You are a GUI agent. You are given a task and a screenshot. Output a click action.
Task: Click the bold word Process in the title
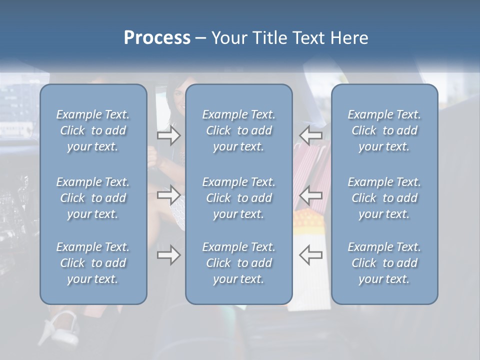(x=157, y=38)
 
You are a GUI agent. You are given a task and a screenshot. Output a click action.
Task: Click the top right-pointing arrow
(x=168, y=135)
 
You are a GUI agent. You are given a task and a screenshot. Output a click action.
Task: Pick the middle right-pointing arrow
(x=168, y=195)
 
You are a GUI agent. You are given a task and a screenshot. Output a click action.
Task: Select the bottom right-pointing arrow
(x=168, y=255)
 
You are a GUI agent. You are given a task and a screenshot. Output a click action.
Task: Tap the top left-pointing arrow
(x=310, y=135)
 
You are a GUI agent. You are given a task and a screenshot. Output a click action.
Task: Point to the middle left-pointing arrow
(x=310, y=195)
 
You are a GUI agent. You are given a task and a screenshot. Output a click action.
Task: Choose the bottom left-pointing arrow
(x=310, y=255)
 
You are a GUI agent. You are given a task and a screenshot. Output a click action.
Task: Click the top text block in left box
(x=93, y=130)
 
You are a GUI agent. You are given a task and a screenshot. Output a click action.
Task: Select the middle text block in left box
(x=93, y=198)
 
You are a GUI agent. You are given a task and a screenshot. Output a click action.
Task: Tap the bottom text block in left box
(x=93, y=263)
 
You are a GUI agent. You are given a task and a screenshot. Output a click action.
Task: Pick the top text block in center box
(x=238, y=130)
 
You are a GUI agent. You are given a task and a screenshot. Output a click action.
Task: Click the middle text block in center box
(x=238, y=198)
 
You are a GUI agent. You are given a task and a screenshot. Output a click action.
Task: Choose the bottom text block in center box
(x=238, y=263)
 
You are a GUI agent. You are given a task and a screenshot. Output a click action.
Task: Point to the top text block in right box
(x=384, y=130)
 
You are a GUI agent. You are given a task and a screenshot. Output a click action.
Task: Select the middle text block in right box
(x=384, y=198)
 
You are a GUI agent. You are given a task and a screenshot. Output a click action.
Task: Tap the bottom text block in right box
(x=384, y=263)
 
